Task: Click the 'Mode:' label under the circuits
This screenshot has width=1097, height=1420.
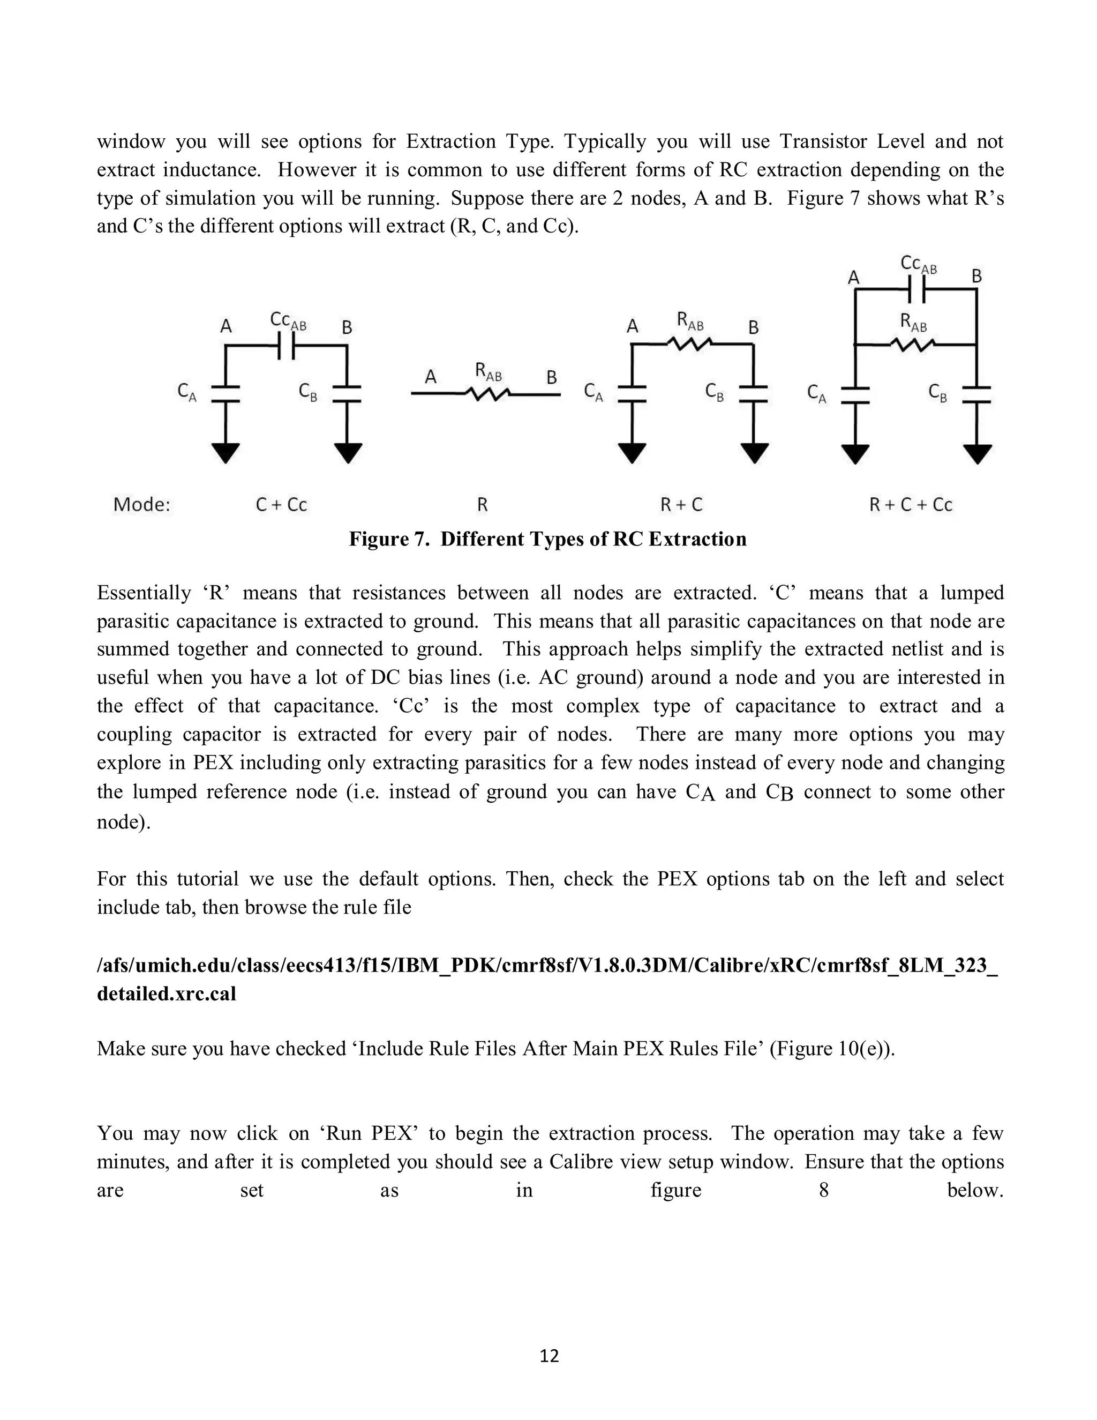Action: tap(141, 505)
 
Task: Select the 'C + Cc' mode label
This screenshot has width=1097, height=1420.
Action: tap(281, 505)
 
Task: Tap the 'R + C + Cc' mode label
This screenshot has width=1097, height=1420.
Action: tap(911, 505)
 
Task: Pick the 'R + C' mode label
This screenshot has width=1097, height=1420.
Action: tap(682, 505)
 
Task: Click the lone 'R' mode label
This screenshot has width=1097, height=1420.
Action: tap(482, 505)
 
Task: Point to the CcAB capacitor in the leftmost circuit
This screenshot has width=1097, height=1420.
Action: tap(286, 346)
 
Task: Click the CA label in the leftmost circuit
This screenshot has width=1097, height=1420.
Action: tap(187, 392)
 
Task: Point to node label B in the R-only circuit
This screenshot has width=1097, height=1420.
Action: tap(551, 377)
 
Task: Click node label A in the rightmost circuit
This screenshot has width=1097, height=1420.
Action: tap(854, 278)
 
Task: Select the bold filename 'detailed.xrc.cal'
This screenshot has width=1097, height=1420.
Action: tap(167, 993)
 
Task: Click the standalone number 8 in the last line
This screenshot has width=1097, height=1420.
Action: tap(823, 1190)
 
